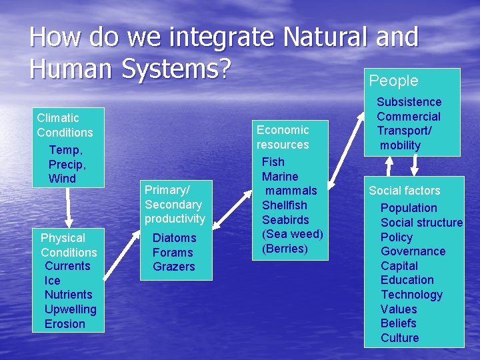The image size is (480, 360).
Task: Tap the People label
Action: [x=393, y=81]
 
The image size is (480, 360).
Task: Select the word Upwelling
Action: [x=70, y=309]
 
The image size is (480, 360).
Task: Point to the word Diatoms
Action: [x=174, y=238]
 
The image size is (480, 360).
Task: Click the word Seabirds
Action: [x=285, y=219]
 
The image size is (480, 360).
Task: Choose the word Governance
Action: [x=413, y=251]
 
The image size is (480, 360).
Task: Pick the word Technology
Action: [x=411, y=295]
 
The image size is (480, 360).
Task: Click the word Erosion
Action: [x=65, y=324]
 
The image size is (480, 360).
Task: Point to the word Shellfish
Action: [x=285, y=205]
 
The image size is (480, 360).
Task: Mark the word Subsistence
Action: [x=409, y=102]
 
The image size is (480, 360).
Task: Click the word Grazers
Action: [x=173, y=267]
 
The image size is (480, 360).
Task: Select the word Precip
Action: [x=67, y=164]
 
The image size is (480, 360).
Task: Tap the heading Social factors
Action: [x=405, y=191]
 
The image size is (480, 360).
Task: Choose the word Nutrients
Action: [x=68, y=295]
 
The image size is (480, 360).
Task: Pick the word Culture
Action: [x=399, y=338]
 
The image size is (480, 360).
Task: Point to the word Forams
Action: [x=172, y=253]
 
